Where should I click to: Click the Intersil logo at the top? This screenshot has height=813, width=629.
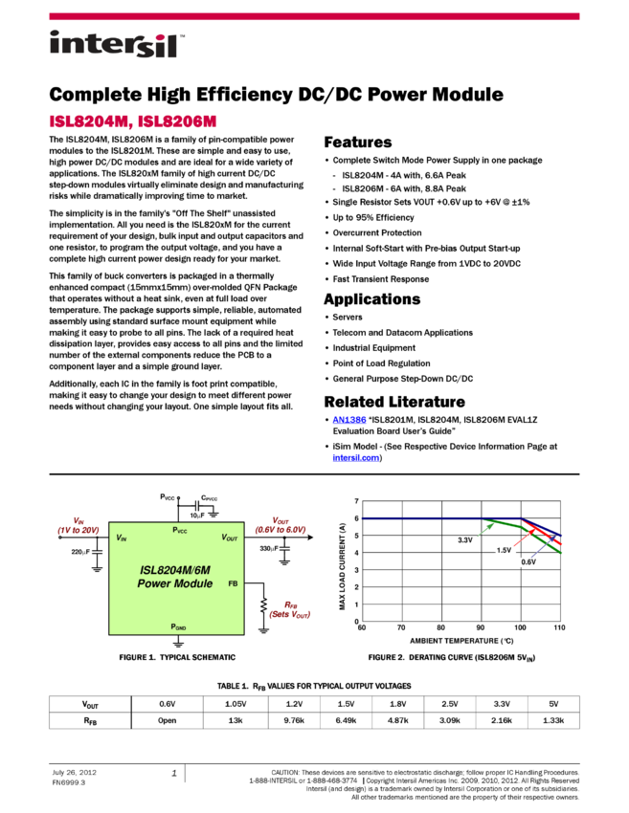pos(117,44)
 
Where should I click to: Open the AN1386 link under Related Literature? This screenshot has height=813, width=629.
pos(349,420)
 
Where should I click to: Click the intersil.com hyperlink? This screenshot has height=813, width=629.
pos(355,458)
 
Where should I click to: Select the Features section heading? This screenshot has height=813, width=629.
pos(357,143)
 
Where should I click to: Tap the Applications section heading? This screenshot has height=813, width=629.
pos(372,299)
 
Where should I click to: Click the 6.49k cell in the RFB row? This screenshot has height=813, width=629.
pos(346,720)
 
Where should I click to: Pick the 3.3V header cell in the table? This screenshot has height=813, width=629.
pos(502,704)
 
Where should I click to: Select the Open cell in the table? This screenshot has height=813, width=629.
pos(168,720)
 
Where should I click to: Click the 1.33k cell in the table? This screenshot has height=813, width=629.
pos(553,720)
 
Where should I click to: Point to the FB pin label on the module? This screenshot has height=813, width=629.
pos(233,583)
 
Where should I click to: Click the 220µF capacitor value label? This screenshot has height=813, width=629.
pos(80,552)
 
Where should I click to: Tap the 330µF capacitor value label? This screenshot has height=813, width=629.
pos(269,548)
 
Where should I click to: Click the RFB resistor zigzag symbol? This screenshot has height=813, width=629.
pos(263,605)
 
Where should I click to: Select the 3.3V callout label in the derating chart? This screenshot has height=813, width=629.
pos(465,539)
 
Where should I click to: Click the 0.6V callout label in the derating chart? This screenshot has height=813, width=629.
pos(528,562)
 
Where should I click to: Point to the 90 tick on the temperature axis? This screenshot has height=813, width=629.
pos(481,627)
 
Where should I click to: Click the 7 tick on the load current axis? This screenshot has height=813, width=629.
pos(356,501)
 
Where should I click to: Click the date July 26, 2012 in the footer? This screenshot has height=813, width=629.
pos(75,772)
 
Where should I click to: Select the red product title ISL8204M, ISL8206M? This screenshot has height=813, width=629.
pos(133,121)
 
